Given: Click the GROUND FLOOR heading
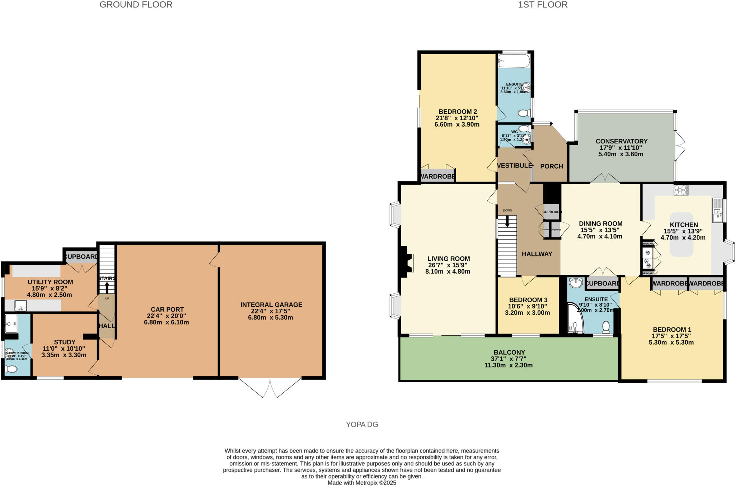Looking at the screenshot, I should click(x=136, y=5).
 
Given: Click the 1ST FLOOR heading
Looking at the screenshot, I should click(x=543, y=5).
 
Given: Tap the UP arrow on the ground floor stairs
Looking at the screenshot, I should click(x=107, y=287).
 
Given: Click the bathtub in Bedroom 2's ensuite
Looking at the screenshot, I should click(x=514, y=61).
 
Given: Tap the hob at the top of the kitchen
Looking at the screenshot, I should click(x=681, y=190).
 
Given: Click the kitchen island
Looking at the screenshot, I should click(x=682, y=235).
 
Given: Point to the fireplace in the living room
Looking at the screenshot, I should click(x=406, y=262).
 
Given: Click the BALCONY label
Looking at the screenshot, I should click(x=509, y=353).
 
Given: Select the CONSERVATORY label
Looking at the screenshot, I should click(x=621, y=141).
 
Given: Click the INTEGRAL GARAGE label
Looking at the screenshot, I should click(x=271, y=305).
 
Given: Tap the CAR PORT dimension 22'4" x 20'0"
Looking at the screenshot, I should click(x=167, y=316).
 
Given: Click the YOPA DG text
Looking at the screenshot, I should click(x=362, y=425).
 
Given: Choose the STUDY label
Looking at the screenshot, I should click(x=65, y=342).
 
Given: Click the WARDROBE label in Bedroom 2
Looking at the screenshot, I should click(x=437, y=177).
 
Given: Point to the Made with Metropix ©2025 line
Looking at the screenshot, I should click(x=362, y=483).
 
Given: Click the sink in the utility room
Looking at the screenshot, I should click(x=20, y=306).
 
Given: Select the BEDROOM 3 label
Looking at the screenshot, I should click(x=528, y=300).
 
